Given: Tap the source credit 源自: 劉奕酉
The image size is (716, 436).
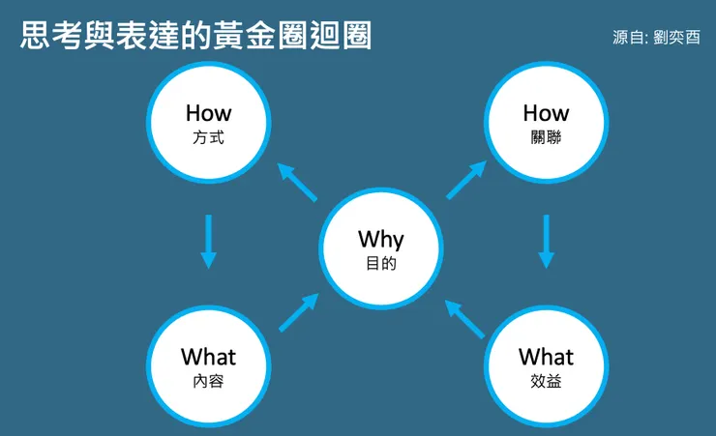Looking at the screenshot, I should pyautogui.click(x=655, y=39).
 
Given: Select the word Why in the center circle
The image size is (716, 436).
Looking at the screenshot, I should pyautogui.click(x=380, y=239).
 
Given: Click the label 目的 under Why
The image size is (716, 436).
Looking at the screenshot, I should pyautogui.click(x=380, y=264).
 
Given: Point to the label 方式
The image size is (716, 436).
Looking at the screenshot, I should pyautogui.click(x=208, y=138).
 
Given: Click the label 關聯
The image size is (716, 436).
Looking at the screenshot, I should pyautogui.click(x=546, y=138).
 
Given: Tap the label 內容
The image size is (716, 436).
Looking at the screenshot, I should pyautogui.click(x=208, y=381).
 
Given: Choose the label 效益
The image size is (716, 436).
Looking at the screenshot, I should pyautogui.click(x=546, y=381).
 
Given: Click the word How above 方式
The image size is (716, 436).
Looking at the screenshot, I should pyautogui.click(x=208, y=113).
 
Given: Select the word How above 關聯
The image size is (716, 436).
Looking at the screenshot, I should pyautogui.click(x=546, y=113).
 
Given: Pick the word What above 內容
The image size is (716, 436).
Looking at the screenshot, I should pyautogui.click(x=208, y=357).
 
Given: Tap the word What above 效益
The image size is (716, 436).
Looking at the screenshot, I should pyautogui.click(x=546, y=357).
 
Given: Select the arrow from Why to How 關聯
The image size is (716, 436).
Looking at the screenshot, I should pyautogui.click(x=465, y=181).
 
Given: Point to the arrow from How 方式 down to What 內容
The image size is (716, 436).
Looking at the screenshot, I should pyautogui.click(x=209, y=241).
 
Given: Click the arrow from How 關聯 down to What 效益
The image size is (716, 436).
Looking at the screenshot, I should pyautogui.click(x=547, y=241).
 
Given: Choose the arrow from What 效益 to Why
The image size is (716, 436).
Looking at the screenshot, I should pyautogui.click(x=464, y=317).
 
